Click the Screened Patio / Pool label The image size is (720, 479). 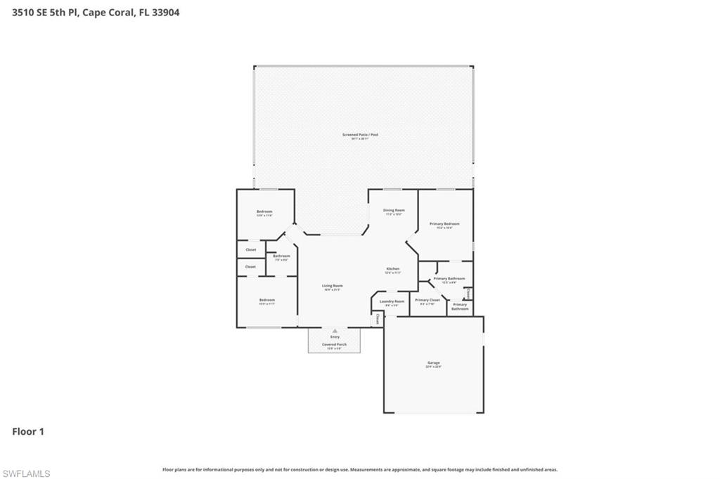coord(355,134)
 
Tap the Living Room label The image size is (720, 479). coord(333,286)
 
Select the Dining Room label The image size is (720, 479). coord(394,211)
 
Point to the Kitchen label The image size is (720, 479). coord(392,270)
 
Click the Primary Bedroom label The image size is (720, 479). coord(444,223)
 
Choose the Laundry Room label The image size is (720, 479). coord(392,301)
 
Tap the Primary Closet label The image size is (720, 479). coord(427,300)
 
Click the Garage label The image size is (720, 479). coord(433,363)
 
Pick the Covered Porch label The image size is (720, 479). coord(334,345)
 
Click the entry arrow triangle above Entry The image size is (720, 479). coord(335,329)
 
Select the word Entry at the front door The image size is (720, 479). coord(335,337)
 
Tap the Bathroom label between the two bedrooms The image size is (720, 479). coord(281,256)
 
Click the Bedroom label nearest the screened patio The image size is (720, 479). coord(264,211)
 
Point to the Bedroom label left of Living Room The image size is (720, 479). coord(266,300)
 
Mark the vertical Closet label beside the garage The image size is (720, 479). coord(378,318)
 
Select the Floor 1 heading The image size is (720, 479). coord(28,432)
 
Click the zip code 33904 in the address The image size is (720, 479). coord(165,12)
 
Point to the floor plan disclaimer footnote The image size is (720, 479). coord(360,470)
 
